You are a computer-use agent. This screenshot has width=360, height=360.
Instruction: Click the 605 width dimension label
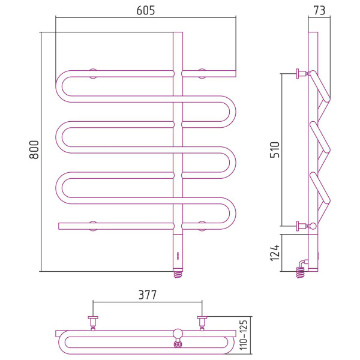pyautogui.click(x=146, y=11)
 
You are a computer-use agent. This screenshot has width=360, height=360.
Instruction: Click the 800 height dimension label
pyautogui.click(x=34, y=149)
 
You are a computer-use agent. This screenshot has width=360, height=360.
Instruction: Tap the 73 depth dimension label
pyautogui.click(x=319, y=11)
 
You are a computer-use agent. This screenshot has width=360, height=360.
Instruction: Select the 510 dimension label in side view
pyautogui.click(x=275, y=149)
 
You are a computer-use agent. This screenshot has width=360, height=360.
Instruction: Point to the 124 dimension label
pyautogui.click(x=275, y=253)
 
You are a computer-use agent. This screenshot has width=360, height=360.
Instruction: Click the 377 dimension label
pyautogui.click(x=148, y=295)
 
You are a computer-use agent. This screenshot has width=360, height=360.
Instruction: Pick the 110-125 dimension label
pyautogui.click(x=244, y=335)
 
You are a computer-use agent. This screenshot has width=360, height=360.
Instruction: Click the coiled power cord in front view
pyautogui.click(x=178, y=275)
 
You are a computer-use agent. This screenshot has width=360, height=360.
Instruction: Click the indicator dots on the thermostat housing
pyautogui.click(x=178, y=256)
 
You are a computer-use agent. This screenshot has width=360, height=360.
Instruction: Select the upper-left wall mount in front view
pyautogui.click(x=93, y=73)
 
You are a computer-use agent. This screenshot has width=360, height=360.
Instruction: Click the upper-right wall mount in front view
pyautogui.click(x=202, y=73)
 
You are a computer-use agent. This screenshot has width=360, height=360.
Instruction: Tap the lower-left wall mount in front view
pyautogui.click(x=93, y=226)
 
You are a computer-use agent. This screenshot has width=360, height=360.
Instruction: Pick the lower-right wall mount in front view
pyautogui.click(x=202, y=226)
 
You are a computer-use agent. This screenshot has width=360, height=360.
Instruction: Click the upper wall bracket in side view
pyautogui.click(x=302, y=73)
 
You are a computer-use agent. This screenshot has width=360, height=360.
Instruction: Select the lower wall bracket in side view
pyautogui.click(x=302, y=226)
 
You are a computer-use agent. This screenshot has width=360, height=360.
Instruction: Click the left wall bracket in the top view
pyautogui.click(x=93, y=323)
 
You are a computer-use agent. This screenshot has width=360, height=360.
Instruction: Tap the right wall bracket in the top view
pyautogui.click(x=202, y=323)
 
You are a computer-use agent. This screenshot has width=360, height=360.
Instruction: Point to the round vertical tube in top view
pyautogui.click(x=178, y=334)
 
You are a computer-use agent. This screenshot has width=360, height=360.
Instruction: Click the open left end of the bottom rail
pyautogui.click(x=59, y=226)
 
